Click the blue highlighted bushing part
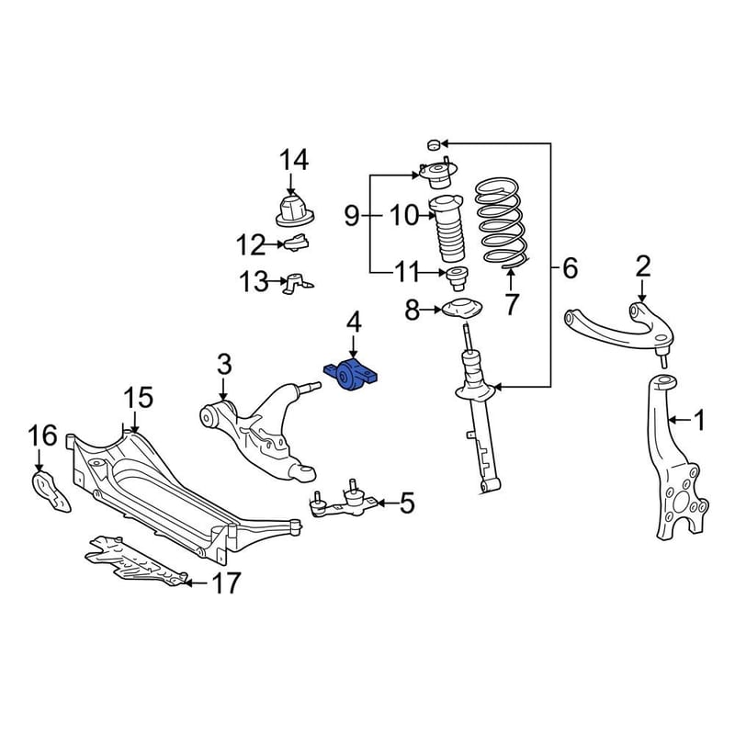coord(351,374)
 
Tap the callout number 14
coord(294,160)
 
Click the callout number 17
coord(226,582)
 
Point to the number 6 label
coord(570,268)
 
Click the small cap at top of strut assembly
coord(434,144)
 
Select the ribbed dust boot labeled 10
coord(446,230)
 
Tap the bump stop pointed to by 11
coord(456,278)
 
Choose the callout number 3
coord(224,364)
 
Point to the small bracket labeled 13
coord(297,283)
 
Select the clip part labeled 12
coord(296,243)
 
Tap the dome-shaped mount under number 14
coord(294,211)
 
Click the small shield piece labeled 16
coord(51,492)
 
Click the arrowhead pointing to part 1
coord(671,420)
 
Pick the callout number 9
coord(352,217)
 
